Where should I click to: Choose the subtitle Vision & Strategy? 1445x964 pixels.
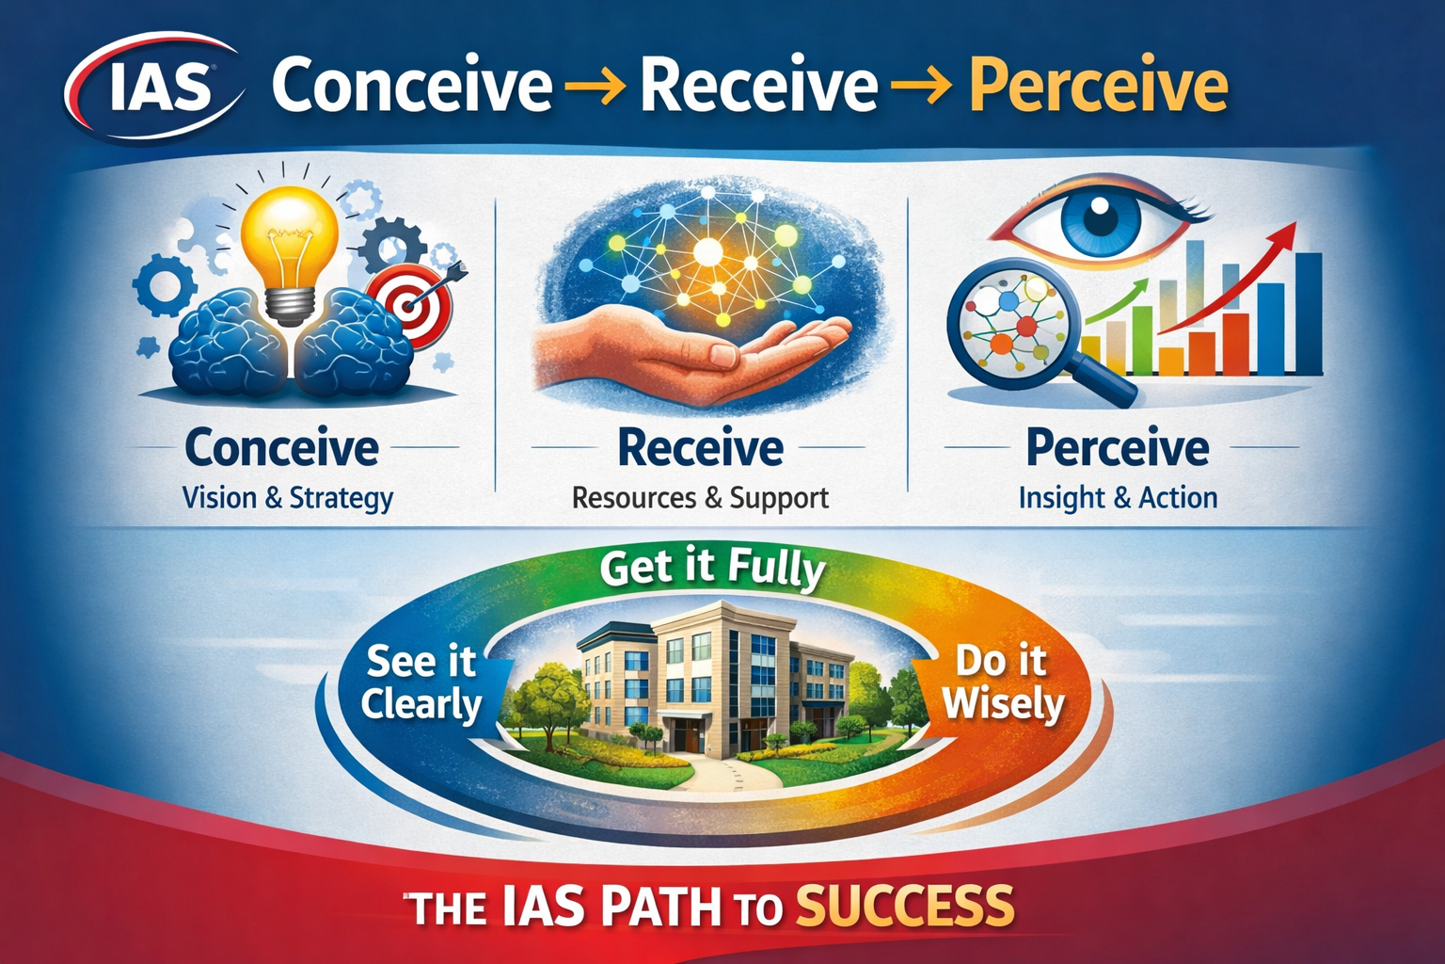coord(288,498)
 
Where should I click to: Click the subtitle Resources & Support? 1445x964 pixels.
coord(701,498)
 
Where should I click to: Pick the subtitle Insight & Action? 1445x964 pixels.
coord(1118,498)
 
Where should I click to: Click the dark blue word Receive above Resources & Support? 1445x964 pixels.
coord(701,447)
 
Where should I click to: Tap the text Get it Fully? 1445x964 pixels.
coord(713,570)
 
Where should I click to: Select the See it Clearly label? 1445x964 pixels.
coord(421,683)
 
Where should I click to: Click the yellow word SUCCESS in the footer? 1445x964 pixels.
coord(905,906)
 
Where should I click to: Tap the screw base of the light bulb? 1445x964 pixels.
coord(289,306)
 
